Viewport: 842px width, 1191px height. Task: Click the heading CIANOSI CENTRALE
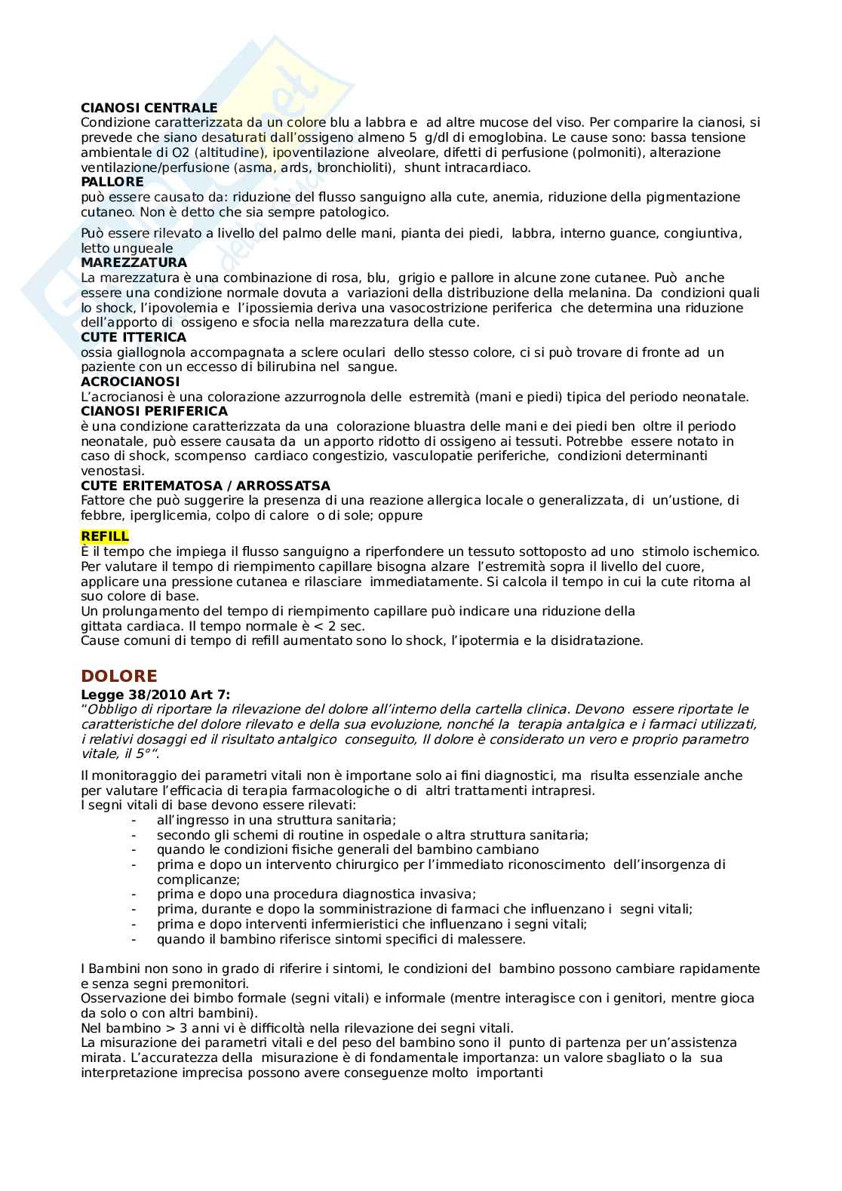click(x=149, y=108)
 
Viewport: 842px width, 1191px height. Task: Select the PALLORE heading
click(x=112, y=182)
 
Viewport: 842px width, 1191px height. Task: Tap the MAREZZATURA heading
click(x=134, y=262)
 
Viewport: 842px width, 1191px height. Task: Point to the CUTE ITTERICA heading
click(x=134, y=337)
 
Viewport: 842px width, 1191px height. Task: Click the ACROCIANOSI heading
click(x=130, y=382)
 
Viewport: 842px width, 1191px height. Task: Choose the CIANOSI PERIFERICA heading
click(x=154, y=411)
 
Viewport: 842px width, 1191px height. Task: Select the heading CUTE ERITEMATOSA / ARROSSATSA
click(x=205, y=486)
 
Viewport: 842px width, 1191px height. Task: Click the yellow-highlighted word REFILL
click(x=105, y=536)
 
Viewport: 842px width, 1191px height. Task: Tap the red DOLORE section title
click(x=118, y=676)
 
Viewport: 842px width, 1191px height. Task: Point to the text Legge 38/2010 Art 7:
click(x=155, y=694)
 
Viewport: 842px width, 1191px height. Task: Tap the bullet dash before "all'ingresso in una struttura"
click(x=134, y=820)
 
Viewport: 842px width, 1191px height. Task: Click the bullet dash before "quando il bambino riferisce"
click(x=134, y=939)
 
